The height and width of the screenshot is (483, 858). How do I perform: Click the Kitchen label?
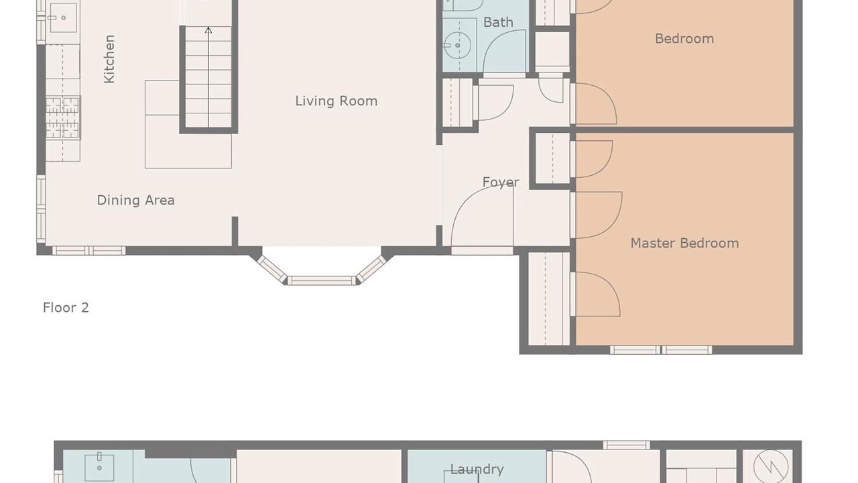(x=109, y=59)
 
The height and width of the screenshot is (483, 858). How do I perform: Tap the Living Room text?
(x=336, y=101)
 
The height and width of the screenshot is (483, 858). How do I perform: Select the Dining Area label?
(x=135, y=200)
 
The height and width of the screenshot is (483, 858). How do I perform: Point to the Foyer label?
(x=501, y=182)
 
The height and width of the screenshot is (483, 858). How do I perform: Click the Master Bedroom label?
(x=684, y=243)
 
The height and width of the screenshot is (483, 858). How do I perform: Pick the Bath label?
(x=498, y=22)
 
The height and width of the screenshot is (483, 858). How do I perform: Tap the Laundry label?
(x=477, y=469)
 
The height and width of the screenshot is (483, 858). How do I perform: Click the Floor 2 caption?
(x=66, y=307)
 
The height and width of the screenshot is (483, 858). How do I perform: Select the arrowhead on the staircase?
(x=208, y=30)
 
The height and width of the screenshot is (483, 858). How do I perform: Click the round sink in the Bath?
(x=458, y=45)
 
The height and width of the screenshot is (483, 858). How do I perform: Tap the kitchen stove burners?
(x=63, y=117)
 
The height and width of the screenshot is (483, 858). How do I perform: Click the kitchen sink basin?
(x=63, y=17)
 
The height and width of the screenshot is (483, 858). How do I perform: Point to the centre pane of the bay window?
(x=322, y=280)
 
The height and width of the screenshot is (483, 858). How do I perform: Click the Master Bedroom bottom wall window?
(x=661, y=350)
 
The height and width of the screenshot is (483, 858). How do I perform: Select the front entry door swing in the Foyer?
(x=482, y=216)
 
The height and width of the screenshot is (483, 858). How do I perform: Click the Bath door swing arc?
(x=504, y=51)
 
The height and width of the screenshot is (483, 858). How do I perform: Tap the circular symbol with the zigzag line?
(x=771, y=466)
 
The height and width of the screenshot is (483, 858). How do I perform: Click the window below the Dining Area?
(x=89, y=251)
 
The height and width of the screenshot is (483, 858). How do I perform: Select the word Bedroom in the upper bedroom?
(x=684, y=39)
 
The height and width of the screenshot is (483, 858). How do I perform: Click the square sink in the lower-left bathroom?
(x=99, y=468)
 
